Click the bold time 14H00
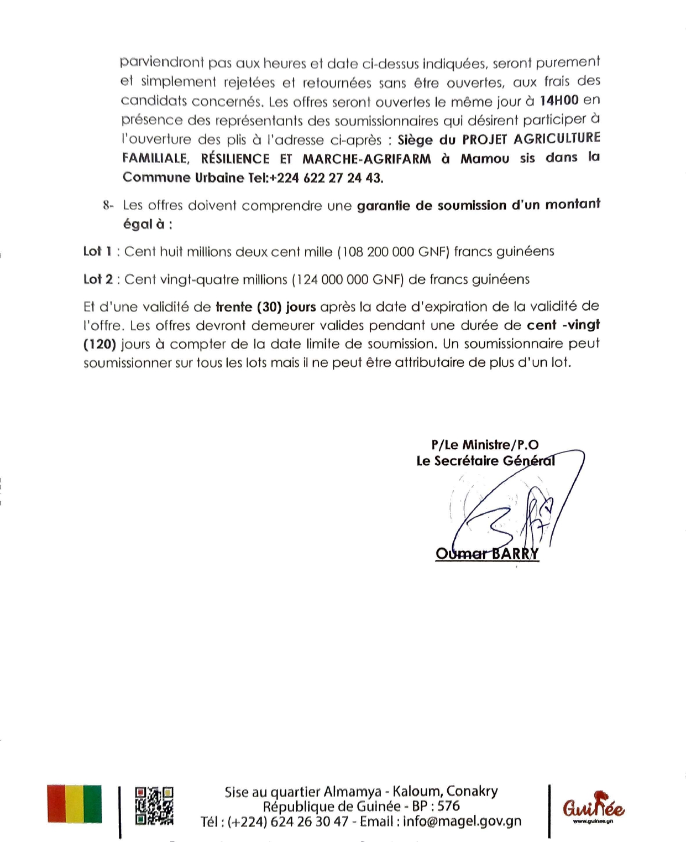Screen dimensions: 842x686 [x=559, y=101]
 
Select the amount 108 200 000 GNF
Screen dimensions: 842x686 [x=395, y=252]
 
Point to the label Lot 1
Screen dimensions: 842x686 [x=97, y=252]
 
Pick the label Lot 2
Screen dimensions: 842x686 [x=98, y=279]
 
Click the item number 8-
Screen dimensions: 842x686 [x=108, y=206]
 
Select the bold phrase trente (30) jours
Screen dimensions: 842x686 [x=265, y=307]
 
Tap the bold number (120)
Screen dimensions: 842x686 [x=100, y=344]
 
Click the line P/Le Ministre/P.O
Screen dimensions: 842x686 [x=485, y=445]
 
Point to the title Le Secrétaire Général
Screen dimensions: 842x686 [x=485, y=461]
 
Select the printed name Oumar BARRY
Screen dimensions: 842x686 [x=487, y=554]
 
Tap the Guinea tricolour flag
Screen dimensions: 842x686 [x=75, y=804]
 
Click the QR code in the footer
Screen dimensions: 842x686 [x=154, y=806]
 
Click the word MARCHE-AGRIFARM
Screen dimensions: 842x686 [x=366, y=159]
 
